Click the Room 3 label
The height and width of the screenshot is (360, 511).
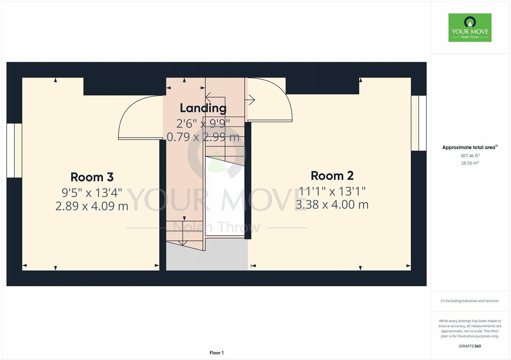pos(92,177)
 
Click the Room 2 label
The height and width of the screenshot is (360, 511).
pos(332,176)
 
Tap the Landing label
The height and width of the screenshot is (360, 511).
pos(203,108)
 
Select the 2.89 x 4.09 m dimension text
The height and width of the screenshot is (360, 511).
pos(92,206)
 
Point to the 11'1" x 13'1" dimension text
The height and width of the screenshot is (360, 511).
pos(332,191)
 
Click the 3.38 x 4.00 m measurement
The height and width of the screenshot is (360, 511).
pos(332,205)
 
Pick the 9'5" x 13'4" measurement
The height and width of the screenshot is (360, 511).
pos(92,193)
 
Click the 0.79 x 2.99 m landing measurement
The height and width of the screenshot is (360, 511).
pos(203,137)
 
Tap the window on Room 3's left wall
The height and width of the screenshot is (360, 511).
pos(14,150)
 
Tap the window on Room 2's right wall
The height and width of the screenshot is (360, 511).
pos(419,123)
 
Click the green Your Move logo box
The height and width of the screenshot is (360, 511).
pos(470,27)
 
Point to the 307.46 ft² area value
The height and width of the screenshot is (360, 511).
pos(470,156)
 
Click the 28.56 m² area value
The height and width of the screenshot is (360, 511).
pos(470,163)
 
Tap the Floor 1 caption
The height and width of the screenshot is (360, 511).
pos(217,353)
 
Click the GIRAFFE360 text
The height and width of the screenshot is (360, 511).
pos(470,346)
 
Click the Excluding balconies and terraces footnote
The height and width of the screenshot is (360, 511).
pos(470,301)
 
